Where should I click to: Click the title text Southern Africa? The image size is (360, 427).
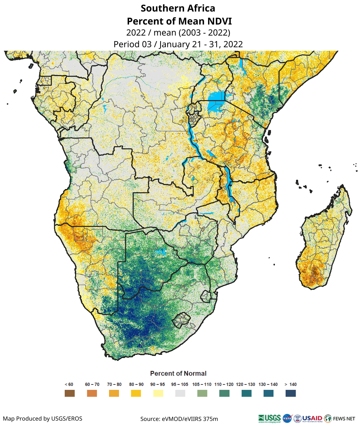178,8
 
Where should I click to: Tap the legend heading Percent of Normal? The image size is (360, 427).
178,373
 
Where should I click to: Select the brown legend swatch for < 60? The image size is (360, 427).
70,393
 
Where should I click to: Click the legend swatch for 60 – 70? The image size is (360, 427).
92,393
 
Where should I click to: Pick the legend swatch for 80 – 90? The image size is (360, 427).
136,393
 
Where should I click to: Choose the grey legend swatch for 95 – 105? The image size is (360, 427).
180,393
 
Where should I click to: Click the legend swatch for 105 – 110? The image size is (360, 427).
202,393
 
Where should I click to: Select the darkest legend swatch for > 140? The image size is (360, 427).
291,393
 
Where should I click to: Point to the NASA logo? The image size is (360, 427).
287,418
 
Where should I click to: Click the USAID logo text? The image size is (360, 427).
312,418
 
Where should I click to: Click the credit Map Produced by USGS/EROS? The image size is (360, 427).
43,418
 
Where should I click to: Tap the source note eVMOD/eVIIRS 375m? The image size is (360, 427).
179,418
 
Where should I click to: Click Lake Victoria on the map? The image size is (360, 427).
217,97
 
